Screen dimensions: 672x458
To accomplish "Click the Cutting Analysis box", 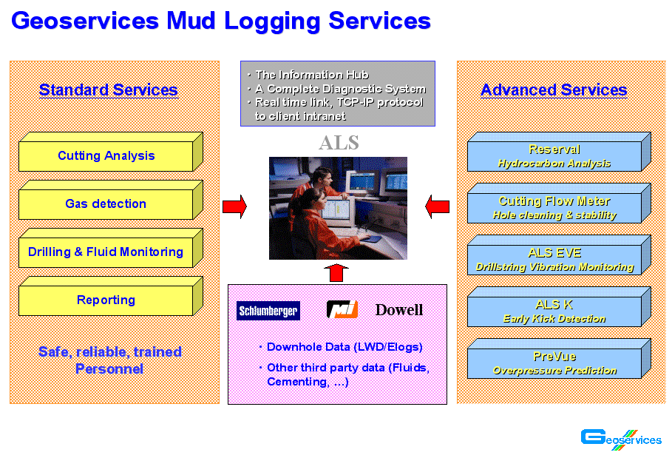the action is pyautogui.click(x=111, y=152).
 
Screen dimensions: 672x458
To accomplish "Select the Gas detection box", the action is pyautogui.click(x=111, y=200).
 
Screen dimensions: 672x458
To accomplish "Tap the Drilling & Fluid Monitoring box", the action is pyautogui.click(x=111, y=248).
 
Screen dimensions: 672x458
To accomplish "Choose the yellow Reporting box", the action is pyautogui.click(x=111, y=296).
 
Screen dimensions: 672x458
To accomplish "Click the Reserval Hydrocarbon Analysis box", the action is pyautogui.click(x=559, y=152).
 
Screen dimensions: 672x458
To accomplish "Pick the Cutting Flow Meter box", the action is pyautogui.click(x=559, y=203).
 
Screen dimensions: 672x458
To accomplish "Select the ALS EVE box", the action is pyautogui.click(x=559, y=255).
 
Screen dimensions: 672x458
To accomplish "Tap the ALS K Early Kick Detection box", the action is pyautogui.click(x=559, y=307).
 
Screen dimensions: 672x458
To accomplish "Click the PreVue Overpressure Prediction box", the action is pyautogui.click(x=559, y=359).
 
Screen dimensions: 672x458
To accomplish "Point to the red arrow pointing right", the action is pyautogui.click(x=234, y=206).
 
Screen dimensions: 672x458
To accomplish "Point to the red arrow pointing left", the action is pyautogui.click(x=437, y=206).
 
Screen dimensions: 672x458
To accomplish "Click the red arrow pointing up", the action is pyautogui.click(x=336, y=273).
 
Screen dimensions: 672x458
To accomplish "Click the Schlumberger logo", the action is pyautogui.click(x=268, y=311).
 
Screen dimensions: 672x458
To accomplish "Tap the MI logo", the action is pyautogui.click(x=342, y=309).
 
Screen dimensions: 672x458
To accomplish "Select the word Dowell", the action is pyautogui.click(x=399, y=309).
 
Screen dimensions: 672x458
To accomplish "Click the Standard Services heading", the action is pyautogui.click(x=109, y=90).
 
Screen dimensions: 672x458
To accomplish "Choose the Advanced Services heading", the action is pyautogui.click(x=554, y=90).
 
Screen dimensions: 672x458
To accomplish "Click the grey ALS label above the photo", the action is pyautogui.click(x=339, y=143).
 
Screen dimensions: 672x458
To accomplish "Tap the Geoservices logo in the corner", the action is pyautogui.click(x=621, y=439).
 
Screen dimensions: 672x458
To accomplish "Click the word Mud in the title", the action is pyautogui.click(x=191, y=21).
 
